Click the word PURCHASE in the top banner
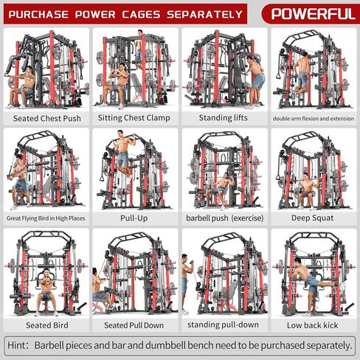point(44,13)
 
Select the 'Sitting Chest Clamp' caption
point(134,117)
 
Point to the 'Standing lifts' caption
point(224,117)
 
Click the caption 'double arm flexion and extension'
point(313,117)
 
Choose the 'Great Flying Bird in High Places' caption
point(44,218)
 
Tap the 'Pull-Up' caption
point(134,218)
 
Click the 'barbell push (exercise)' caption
point(224,218)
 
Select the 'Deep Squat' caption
point(313,218)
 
